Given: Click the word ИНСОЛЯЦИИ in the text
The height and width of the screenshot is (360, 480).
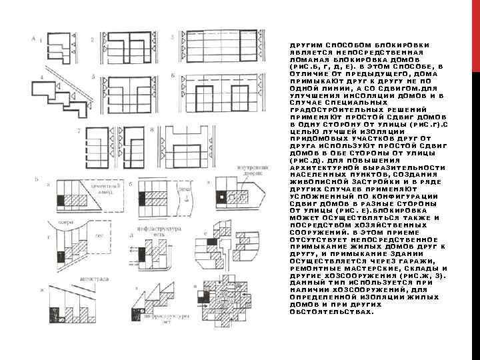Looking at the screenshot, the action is [x=341, y=95].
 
